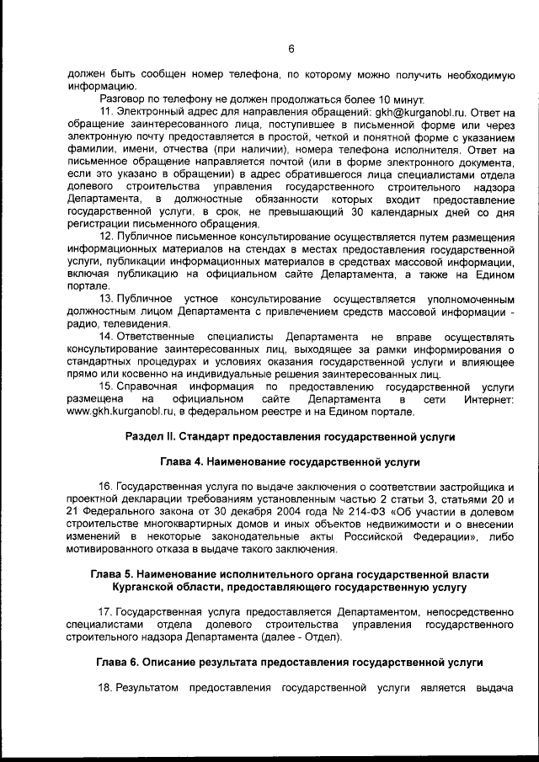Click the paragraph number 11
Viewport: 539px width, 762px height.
[107, 112]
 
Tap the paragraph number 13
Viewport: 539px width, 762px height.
[107, 300]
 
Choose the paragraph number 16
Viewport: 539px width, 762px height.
[105, 488]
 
